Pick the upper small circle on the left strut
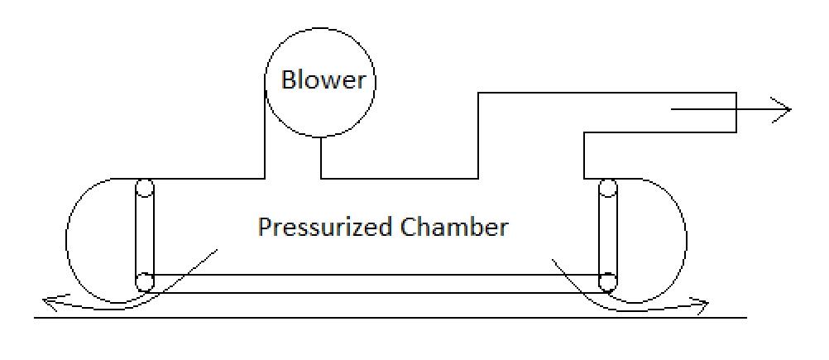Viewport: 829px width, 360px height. coord(145,188)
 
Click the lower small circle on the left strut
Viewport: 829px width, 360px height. coord(145,281)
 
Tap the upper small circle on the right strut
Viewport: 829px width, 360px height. coord(608,188)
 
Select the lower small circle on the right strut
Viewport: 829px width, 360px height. coord(608,281)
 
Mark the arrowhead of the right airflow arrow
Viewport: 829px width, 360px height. coord(703,308)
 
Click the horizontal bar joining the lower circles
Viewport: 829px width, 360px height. coord(376,283)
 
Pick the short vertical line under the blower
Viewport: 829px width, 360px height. coord(321,157)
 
